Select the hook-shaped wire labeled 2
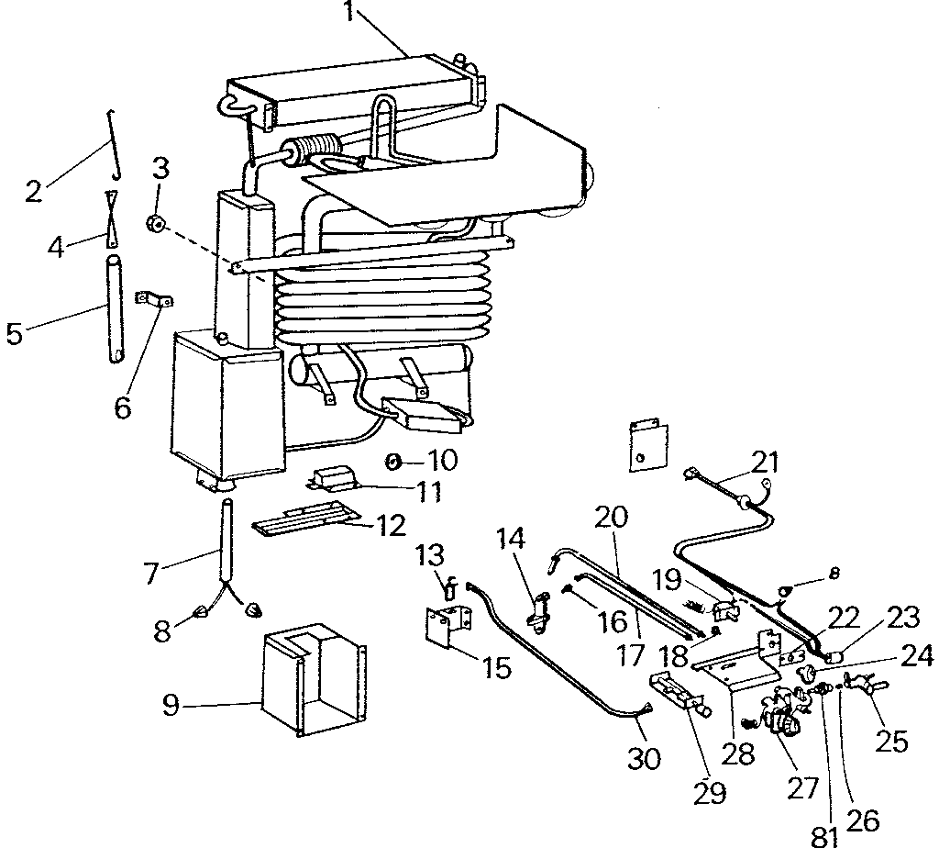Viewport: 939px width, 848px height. (114, 142)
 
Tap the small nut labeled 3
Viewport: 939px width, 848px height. (156, 223)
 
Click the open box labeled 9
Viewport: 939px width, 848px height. (312, 679)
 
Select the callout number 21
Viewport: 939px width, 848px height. (771, 460)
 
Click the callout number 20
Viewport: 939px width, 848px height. (612, 517)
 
